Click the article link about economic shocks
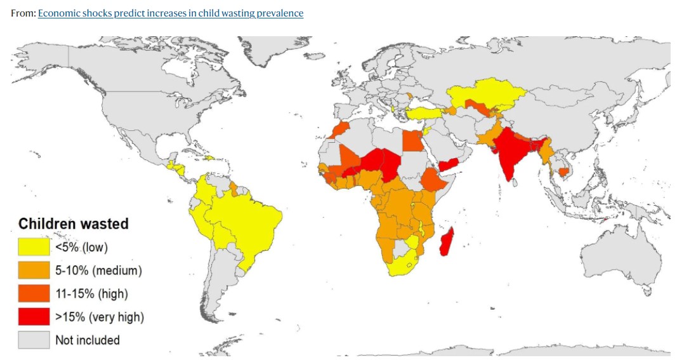tap(170, 13)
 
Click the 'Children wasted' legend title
tap(73, 223)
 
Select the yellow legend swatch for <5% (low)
tap(33, 247)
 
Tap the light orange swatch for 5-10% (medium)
tap(33, 270)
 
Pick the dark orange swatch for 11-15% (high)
tap(33, 293)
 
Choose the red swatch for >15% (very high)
tap(33, 317)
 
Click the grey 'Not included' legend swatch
tap(33, 340)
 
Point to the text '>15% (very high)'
tap(100, 317)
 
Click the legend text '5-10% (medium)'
tap(98, 270)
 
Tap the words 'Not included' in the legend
tap(88, 340)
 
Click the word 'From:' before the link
tap(23, 13)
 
